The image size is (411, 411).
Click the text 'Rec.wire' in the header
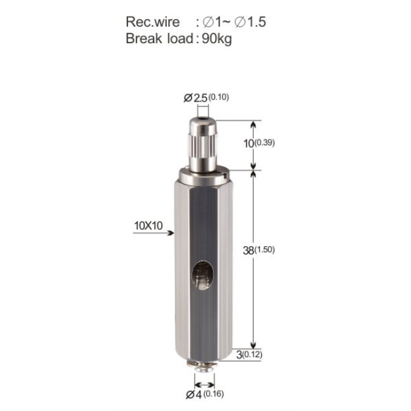click(153, 22)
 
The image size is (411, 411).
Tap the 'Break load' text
click(159, 39)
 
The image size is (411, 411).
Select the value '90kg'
click(217, 39)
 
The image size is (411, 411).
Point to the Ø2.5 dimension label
click(195, 98)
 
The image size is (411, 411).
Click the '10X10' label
click(148, 226)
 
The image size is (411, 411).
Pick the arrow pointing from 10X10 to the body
click(153, 233)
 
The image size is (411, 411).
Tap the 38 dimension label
click(248, 251)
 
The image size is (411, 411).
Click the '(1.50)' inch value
click(264, 249)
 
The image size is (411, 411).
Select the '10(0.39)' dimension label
click(259, 143)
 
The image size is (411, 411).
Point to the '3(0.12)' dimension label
click(249, 355)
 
